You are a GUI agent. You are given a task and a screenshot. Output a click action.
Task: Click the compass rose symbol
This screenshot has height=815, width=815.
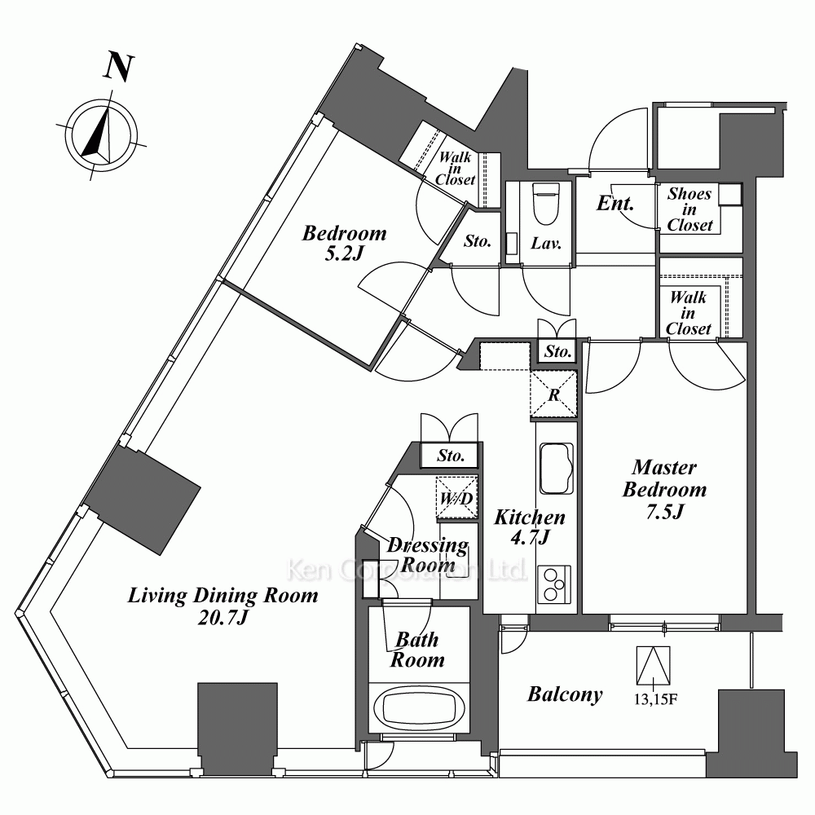[x=102, y=135]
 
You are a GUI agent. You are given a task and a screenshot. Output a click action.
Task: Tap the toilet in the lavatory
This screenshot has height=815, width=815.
[x=546, y=204]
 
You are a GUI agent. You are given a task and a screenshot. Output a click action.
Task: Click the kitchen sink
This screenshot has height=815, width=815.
[x=557, y=469]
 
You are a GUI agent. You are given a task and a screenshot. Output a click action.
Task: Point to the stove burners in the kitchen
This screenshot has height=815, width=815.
[x=554, y=584]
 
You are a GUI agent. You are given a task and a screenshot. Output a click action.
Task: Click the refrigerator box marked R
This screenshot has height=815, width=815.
[x=553, y=394]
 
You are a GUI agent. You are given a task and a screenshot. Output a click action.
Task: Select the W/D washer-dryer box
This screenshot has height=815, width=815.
[x=456, y=498]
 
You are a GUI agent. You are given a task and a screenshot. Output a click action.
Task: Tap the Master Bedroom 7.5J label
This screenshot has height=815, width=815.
[x=665, y=490]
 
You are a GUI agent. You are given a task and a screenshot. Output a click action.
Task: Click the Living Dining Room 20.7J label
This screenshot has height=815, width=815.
[x=223, y=606]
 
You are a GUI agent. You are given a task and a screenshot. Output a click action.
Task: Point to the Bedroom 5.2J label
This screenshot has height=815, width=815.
[x=345, y=243]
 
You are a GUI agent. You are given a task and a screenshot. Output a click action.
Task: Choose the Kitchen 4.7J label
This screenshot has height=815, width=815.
[x=530, y=526]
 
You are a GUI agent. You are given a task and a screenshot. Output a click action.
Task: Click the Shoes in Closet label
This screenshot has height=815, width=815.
[x=689, y=209]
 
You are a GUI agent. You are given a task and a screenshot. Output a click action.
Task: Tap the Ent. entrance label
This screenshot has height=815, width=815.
[x=615, y=203]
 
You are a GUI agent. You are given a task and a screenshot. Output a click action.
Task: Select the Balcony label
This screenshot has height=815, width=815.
[x=565, y=694]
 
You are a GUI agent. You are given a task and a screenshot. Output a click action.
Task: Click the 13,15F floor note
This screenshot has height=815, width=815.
[x=655, y=699]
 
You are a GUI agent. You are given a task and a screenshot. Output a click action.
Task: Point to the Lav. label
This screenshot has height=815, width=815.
[x=546, y=243]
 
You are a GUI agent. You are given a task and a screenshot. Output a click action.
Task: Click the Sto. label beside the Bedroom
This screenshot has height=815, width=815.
[x=477, y=241]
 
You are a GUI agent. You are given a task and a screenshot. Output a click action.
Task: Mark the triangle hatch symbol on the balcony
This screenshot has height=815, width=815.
[x=654, y=666]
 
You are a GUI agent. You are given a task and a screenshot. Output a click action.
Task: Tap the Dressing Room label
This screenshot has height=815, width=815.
[x=428, y=554]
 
